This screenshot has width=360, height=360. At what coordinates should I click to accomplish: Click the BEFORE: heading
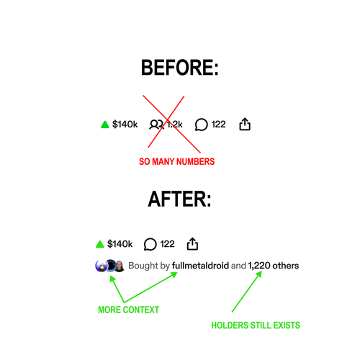click(x=180, y=68)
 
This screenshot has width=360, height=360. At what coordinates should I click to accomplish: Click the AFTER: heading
click(x=179, y=199)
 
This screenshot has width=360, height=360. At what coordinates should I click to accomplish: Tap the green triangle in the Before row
click(x=105, y=125)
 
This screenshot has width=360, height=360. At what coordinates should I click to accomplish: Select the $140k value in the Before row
click(x=125, y=125)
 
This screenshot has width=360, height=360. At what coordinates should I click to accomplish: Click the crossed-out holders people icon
click(x=156, y=125)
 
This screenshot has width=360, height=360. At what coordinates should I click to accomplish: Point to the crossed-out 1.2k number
click(x=174, y=125)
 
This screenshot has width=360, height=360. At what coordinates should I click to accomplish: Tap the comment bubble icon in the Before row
click(x=201, y=125)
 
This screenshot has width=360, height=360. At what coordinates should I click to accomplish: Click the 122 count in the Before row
click(x=218, y=125)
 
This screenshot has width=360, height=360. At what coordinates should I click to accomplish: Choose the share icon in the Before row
click(x=245, y=124)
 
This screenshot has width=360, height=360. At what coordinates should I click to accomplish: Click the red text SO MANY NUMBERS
click(x=177, y=161)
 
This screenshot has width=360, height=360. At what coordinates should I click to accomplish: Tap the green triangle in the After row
click(x=99, y=244)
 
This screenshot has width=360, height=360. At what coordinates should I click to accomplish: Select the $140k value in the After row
click(x=120, y=244)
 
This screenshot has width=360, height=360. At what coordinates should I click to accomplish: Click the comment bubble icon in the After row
click(x=150, y=244)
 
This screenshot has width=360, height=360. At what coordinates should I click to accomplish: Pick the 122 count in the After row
click(x=167, y=244)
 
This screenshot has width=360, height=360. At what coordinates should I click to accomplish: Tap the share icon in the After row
click(x=192, y=243)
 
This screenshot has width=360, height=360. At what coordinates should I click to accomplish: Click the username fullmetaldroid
click(x=200, y=266)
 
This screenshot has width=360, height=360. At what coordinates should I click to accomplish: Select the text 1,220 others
click(x=274, y=266)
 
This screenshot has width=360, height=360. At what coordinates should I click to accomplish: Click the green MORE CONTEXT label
click(x=129, y=310)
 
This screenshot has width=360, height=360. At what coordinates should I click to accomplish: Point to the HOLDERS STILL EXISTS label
click(x=256, y=325)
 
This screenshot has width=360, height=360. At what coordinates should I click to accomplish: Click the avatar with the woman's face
click(x=120, y=266)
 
